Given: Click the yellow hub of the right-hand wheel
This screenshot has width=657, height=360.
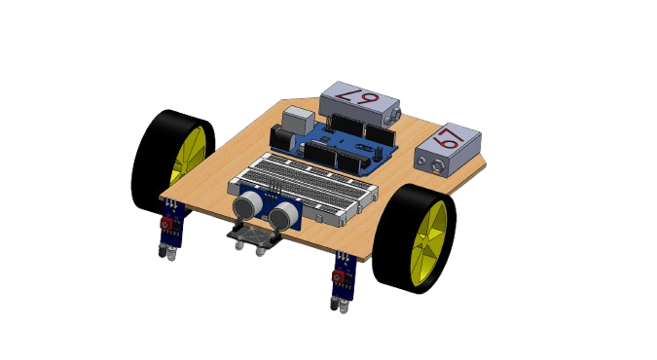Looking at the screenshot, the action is (428, 243).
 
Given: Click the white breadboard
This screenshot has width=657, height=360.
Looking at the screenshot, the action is (303, 188).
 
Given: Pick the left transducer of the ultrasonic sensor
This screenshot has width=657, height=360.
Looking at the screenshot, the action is (247, 205).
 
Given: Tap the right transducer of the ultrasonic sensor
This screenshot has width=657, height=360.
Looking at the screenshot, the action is (283, 214).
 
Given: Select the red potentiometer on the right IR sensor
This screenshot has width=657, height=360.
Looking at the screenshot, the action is (338, 276).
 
